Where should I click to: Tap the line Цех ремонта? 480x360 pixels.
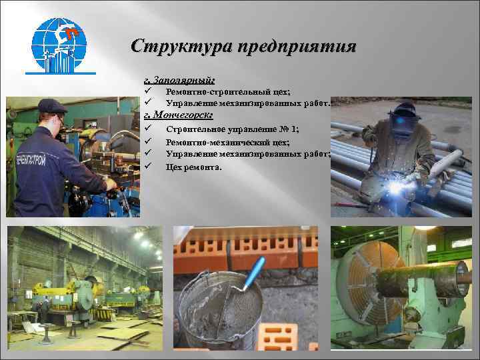pyautogui.click(x=194, y=167)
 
